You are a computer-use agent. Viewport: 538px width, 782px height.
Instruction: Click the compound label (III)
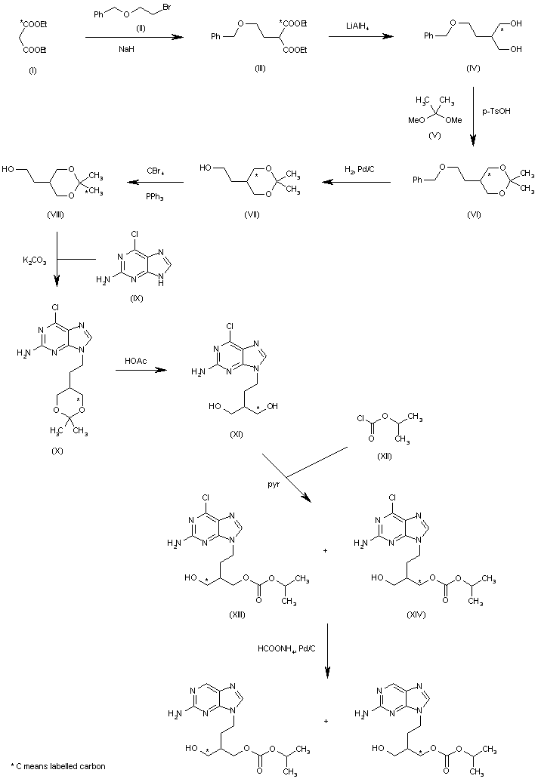point(259,69)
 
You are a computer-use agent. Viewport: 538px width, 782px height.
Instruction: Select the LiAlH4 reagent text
point(357,26)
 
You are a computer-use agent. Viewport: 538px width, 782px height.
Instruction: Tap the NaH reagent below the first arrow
point(127,49)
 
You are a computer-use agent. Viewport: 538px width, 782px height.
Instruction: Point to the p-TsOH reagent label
point(496,111)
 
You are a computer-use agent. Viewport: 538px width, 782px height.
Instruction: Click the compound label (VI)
point(474,214)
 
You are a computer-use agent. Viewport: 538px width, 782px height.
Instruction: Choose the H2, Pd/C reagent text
point(360,170)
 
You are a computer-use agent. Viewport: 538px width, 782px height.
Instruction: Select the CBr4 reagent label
point(156,171)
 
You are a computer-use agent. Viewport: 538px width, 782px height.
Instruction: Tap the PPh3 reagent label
point(155,197)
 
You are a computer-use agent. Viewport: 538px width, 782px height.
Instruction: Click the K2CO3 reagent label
point(35,260)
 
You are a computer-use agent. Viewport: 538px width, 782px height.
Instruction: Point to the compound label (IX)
point(136,299)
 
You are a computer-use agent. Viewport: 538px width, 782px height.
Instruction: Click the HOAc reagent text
point(136,361)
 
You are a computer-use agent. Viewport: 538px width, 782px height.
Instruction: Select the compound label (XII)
point(385,456)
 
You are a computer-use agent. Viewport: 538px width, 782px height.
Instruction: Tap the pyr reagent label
point(274,485)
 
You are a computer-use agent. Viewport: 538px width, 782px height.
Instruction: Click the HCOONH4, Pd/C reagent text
point(286,649)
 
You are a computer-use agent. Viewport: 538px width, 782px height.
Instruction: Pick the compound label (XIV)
point(416,615)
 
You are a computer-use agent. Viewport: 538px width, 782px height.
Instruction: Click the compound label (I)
point(32,71)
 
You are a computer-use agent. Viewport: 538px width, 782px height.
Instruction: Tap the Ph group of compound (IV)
point(428,35)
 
